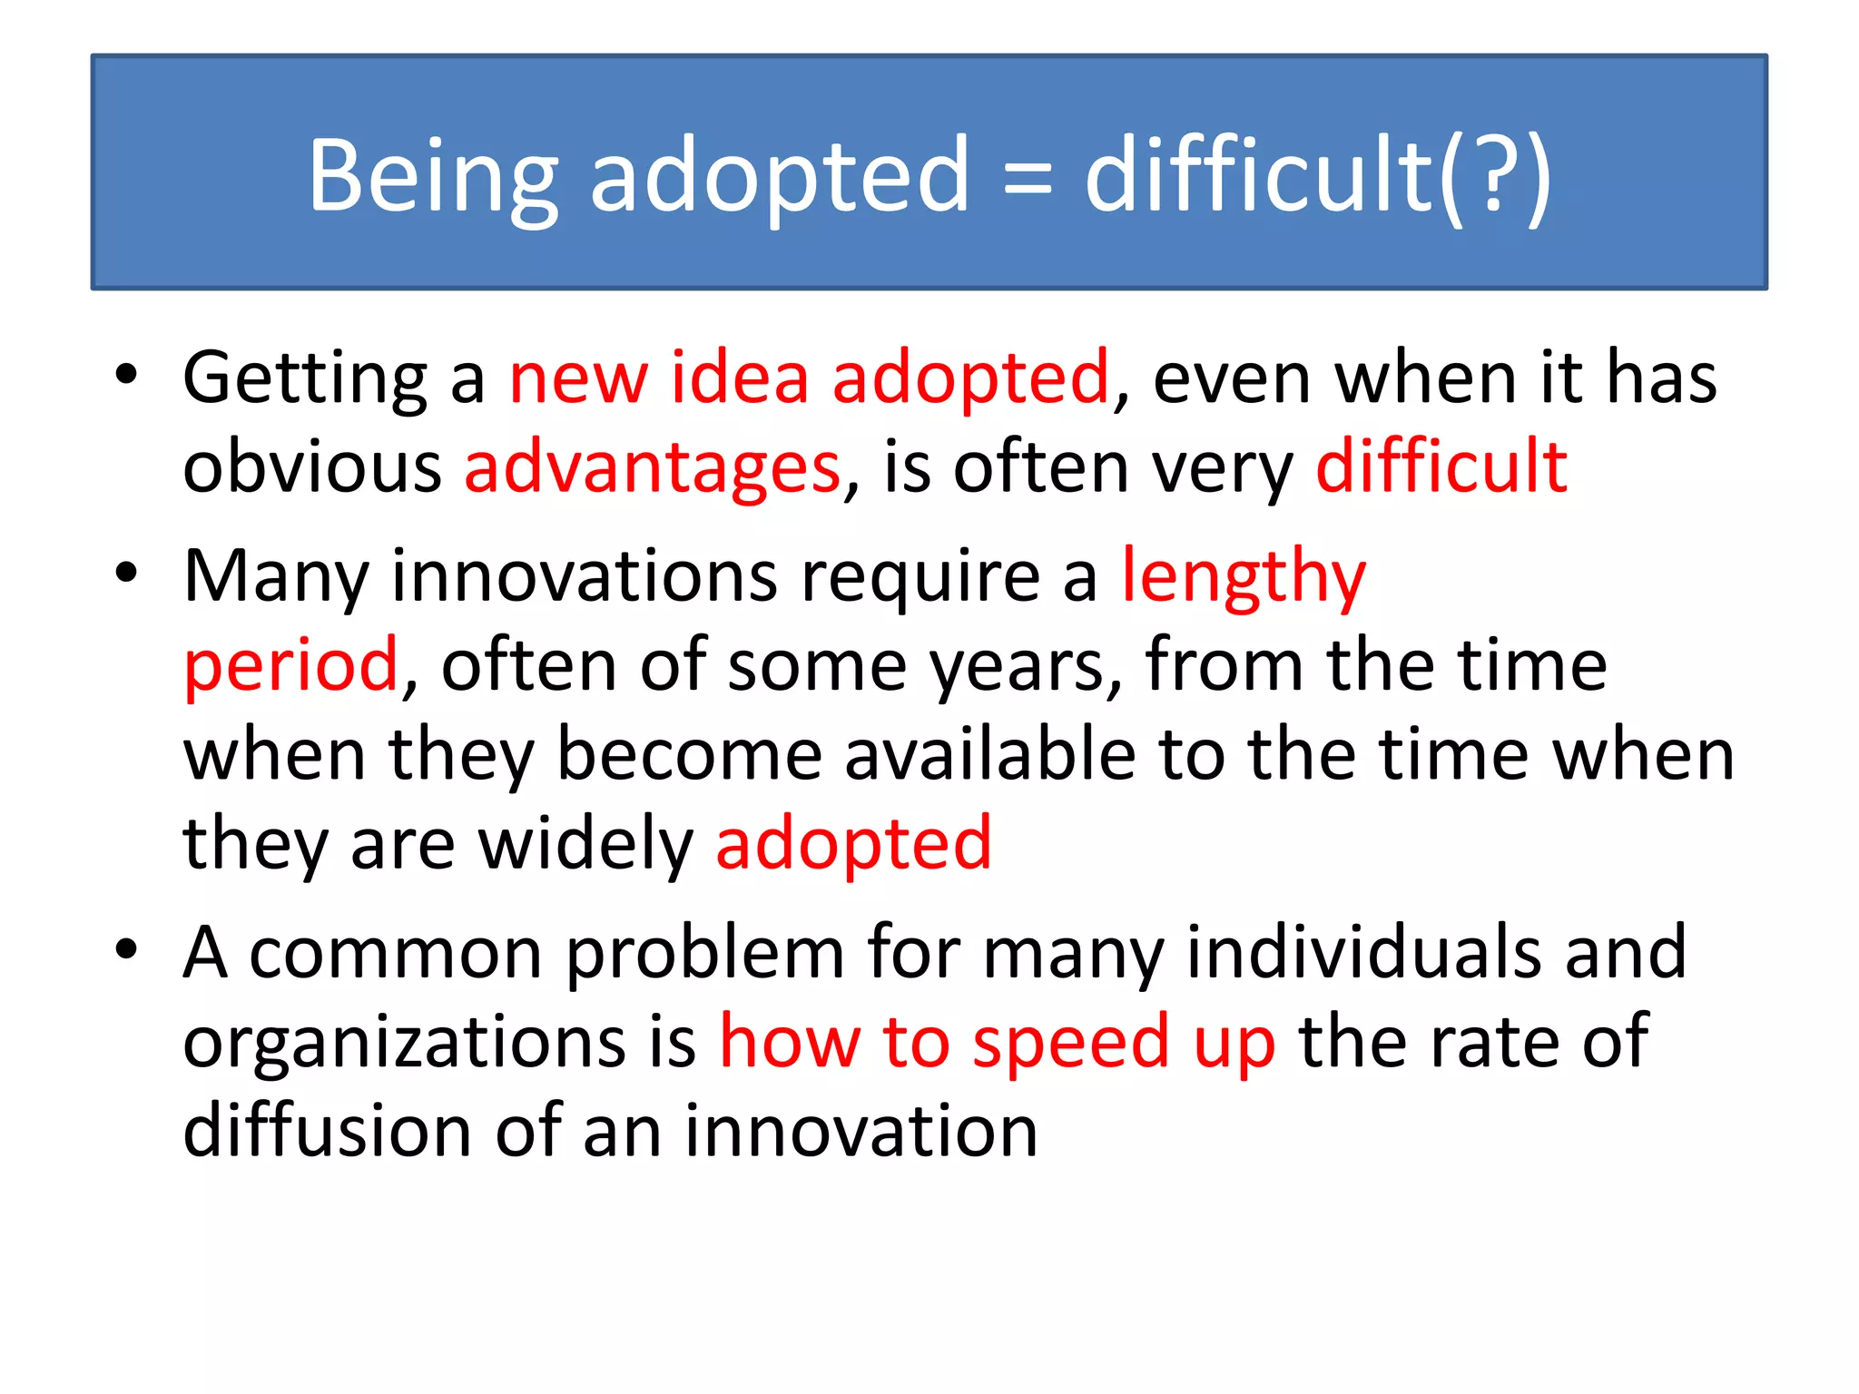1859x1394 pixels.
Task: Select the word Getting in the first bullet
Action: click(x=305, y=378)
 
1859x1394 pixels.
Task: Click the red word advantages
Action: click(x=653, y=467)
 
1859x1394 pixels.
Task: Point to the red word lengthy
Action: click(x=1244, y=577)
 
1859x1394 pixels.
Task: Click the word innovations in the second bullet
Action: click(x=585, y=575)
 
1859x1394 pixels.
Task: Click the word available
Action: click(x=990, y=755)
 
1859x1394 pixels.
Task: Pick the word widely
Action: click(x=585, y=844)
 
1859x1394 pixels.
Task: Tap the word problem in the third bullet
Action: click(x=704, y=954)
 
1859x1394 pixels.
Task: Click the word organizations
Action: click(x=404, y=1043)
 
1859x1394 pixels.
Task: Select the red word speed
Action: click(x=1070, y=1043)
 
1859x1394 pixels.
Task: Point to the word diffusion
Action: click(x=328, y=1131)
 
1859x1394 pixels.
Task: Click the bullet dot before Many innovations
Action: click(x=126, y=573)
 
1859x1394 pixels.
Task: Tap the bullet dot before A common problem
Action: click(x=126, y=949)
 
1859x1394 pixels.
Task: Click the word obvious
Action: click(x=312, y=467)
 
